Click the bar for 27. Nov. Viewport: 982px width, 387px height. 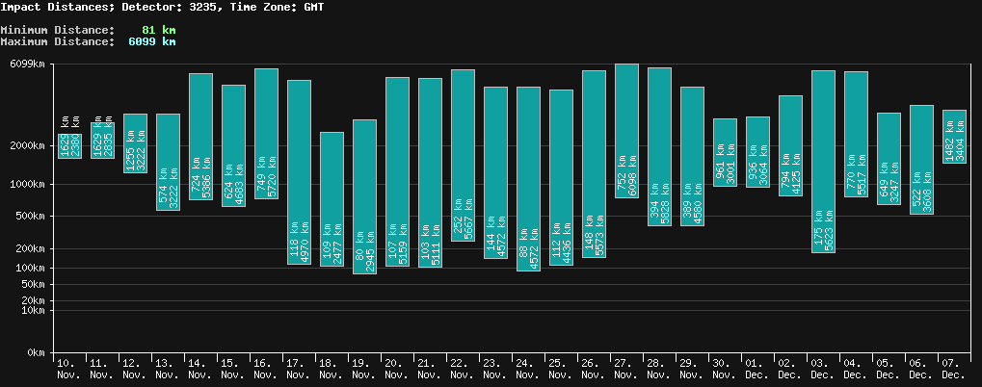point(626,131)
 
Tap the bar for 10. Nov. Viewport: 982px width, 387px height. point(69,136)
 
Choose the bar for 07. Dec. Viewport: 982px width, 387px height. point(954,136)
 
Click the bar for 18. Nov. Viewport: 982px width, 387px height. point(332,198)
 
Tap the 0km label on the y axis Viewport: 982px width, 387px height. point(37,353)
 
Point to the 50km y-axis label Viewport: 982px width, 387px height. point(33,285)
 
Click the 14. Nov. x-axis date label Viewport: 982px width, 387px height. point(200,368)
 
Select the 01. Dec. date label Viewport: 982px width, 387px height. point(757,368)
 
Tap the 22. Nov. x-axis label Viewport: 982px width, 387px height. point(463,368)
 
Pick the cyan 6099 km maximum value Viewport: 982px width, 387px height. point(151,41)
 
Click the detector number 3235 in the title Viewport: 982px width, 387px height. point(211,7)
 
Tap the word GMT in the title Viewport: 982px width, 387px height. point(313,7)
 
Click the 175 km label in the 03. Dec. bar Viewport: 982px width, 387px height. point(817,237)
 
